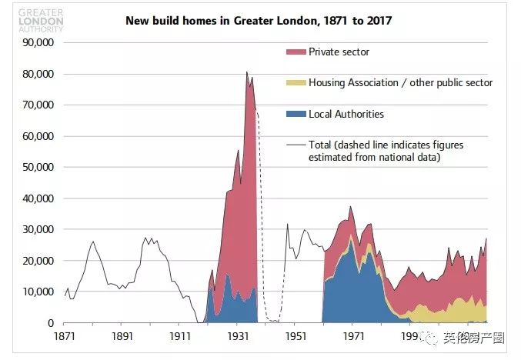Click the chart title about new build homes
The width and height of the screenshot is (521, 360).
(x=259, y=21)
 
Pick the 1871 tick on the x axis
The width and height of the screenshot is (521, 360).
(x=65, y=336)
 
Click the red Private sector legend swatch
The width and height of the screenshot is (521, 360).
(x=296, y=52)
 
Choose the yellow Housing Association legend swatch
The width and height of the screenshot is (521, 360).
(x=296, y=83)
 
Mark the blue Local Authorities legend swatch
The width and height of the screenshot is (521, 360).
(x=296, y=115)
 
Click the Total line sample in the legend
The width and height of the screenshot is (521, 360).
(x=296, y=145)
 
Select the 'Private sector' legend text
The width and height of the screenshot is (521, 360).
(x=339, y=52)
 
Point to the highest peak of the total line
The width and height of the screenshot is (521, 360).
(x=247, y=72)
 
